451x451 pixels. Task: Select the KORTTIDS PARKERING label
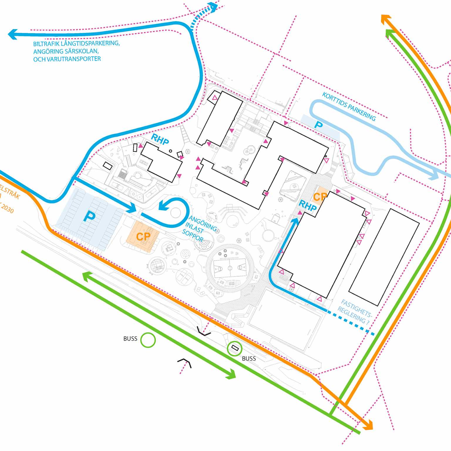[x=349, y=107]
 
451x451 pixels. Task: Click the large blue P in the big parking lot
[x=89, y=217]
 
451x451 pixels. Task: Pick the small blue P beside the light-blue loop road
[x=318, y=125]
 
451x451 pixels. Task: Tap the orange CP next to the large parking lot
[x=143, y=236]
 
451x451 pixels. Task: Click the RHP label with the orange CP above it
[x=307, y=206]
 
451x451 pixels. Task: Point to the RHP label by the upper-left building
[x=160, y=139]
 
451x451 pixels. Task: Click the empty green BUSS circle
[x=148, y=340]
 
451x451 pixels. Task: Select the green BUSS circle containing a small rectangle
[x=234, y=349]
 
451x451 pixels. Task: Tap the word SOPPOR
[x=193, y=236]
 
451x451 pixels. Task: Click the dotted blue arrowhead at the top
[x=213, y=7]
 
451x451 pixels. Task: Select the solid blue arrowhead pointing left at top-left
[x=12, y=34]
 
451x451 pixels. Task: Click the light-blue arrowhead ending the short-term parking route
[x=434, y=176]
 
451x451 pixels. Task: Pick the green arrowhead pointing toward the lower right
[x=231, y=375]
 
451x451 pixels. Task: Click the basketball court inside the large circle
[x=230, y=268]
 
